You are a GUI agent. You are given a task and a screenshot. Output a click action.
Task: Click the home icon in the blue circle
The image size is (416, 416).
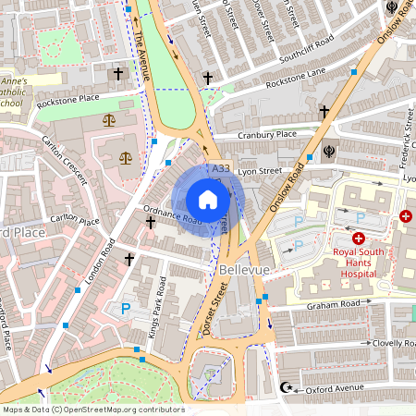[208, 200]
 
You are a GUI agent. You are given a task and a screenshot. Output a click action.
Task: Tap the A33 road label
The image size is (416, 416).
[220, 169]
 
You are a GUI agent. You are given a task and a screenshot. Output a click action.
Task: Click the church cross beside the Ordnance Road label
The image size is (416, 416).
[151, 222]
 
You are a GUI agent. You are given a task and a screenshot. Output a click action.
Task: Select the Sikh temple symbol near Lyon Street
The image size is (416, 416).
[331, 148]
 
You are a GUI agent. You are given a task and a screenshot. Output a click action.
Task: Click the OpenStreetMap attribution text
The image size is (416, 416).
[93, 409]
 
